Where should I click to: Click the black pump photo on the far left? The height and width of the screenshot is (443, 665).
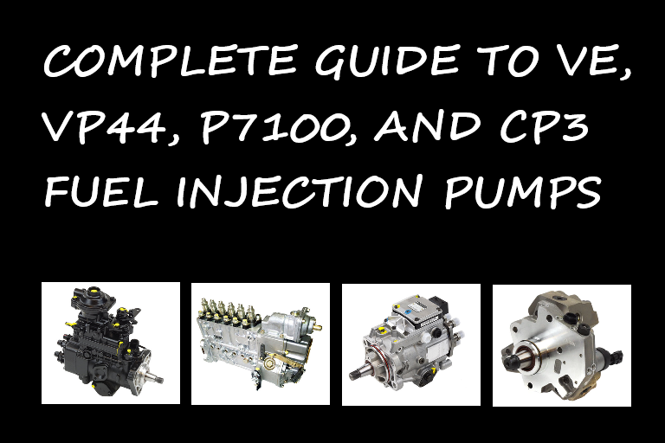[x=111, y=343]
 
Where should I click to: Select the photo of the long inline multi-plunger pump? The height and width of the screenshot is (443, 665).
[x=261, y=343]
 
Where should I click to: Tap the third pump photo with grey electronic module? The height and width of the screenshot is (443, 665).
[x=411, y=343]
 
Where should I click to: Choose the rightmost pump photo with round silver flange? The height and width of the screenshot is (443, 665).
[x=562, y=343]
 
